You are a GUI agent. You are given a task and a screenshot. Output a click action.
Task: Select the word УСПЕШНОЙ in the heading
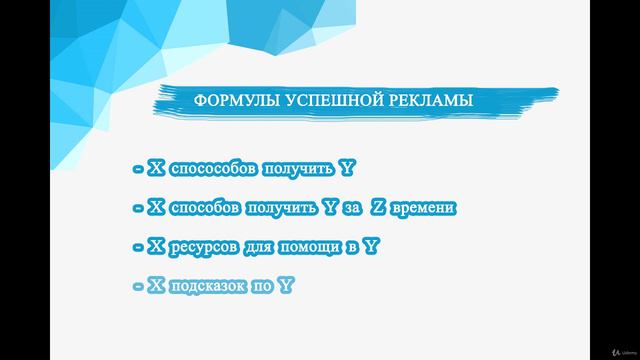321,101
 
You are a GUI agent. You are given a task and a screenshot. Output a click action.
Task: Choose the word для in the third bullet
276,246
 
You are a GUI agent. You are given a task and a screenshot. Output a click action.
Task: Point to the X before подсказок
155,286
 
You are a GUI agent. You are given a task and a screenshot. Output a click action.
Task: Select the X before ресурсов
155,246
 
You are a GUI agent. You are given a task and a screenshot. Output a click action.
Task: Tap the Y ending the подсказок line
288,286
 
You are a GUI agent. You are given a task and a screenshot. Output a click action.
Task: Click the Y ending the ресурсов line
372,246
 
